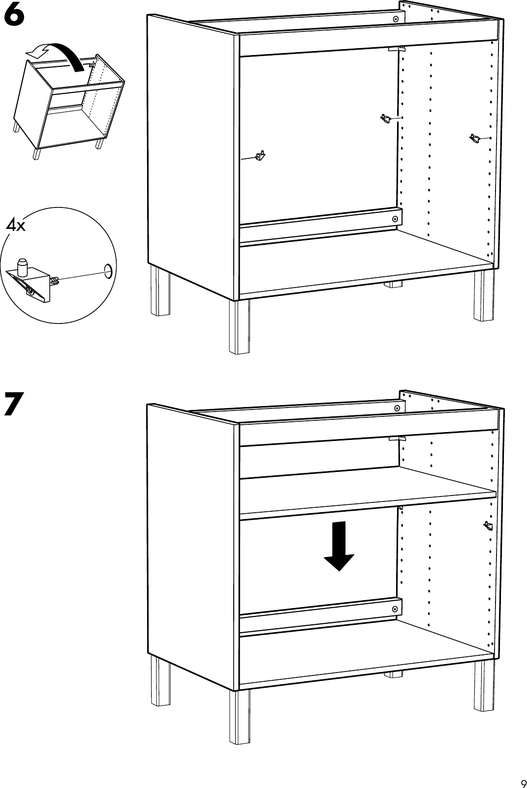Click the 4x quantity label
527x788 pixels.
tap(15, 227)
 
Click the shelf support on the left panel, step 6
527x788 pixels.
tap(260, 156)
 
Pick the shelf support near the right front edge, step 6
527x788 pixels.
tap(475, 139)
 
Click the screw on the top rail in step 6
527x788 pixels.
tap(396, 18)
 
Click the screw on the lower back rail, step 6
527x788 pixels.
tap(395, 219)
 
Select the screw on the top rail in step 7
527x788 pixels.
tap(397, 409)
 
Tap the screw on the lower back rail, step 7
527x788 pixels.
tap(395, 609)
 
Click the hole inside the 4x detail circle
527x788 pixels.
tap(107, 269)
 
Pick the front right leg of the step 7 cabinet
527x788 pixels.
tap(483, 685)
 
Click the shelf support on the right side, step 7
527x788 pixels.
tap(488, 526)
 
